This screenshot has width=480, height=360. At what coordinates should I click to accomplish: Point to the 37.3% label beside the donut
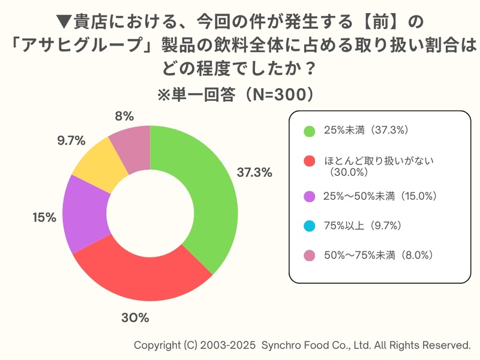tap(254, 172)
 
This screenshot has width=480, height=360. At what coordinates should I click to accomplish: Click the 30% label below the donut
tap(134, 317)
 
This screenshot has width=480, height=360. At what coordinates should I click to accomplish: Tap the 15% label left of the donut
tap(44, 217)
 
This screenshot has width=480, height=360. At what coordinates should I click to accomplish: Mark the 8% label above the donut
tap(124, 116)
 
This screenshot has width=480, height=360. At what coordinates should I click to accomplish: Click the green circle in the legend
tap(310, 130)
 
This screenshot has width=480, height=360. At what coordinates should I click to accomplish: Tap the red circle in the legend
tap(310, 161)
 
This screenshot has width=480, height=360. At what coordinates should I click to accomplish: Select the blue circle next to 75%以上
tap(310, 226)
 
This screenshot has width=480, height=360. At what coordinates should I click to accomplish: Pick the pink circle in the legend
tap(310, 256)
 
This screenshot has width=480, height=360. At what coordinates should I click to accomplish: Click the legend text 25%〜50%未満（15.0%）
tap(380, 196)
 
